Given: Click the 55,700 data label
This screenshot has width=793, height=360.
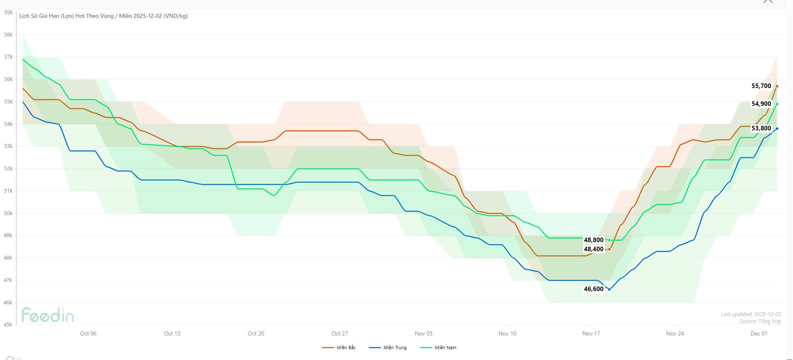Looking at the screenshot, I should (761, 86).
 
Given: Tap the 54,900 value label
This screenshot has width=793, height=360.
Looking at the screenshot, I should (761, 104).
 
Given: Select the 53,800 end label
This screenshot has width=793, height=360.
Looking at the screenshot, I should (761, 128).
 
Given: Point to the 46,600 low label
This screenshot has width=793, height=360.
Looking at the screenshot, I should (594, 289).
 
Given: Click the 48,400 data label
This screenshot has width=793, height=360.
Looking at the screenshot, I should (594, 249).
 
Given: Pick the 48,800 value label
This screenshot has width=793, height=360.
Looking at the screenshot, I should (594, 240).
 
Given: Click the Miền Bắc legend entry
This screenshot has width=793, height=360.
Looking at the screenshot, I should (339, 348).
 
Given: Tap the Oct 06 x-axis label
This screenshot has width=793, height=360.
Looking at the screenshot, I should (88, 333).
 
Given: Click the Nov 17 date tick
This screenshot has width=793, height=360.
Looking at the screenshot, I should (591, 333).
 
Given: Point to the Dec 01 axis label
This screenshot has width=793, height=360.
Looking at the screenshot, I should (759, 333).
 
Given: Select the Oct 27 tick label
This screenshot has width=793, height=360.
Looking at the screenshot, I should (340, 333).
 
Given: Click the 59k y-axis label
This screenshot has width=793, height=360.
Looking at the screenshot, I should (8, 12).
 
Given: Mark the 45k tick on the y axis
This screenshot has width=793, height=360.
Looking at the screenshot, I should (8, 325).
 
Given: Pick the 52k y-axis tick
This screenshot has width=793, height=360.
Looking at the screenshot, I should (8, 169).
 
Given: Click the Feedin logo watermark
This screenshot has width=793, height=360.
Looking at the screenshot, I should (48, 315).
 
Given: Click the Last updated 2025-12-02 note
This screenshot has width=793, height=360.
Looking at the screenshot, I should (751, 314).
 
